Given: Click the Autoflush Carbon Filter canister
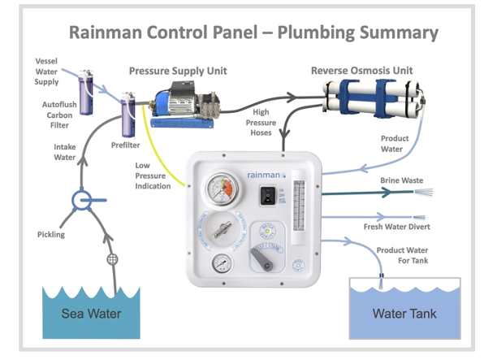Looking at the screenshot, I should pyautogui.click(x=84, y=84).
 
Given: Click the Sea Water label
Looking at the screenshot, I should pyautogui.click(x=91, y=314).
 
